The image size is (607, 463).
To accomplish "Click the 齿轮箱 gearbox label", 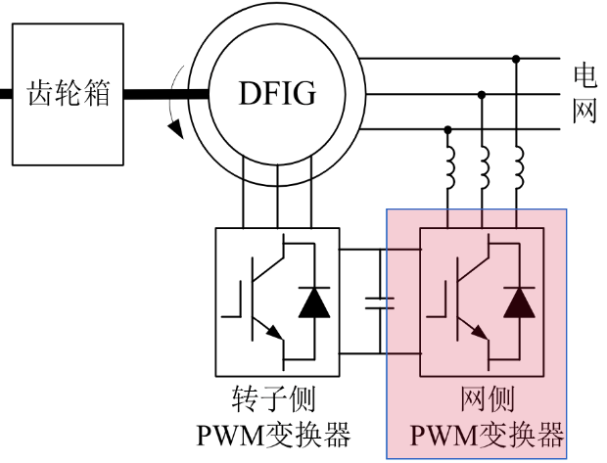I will pos(68,95).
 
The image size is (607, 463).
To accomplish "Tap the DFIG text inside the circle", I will pos(278,95).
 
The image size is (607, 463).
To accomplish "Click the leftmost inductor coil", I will pos(449,171).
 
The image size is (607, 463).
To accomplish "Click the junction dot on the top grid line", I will pos(517,60).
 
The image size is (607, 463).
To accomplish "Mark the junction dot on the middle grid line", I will pos(483,94).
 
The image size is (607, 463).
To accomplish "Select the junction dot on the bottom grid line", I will pos(448,128).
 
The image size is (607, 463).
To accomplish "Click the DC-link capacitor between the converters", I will pos(379,301).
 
